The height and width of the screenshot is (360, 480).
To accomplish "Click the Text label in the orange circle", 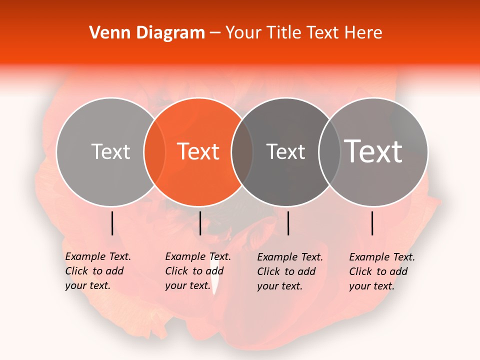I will (x=198, y=151).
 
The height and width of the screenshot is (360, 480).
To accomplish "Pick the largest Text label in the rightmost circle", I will (x=373, y=151).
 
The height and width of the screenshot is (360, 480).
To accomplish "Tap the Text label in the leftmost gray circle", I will (x=110, y=151).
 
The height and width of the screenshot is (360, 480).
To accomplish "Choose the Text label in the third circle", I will (x=285, y=151).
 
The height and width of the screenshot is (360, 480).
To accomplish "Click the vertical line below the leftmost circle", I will (x=112, y=223).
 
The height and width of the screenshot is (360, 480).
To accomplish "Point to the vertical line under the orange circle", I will (x=200, y=223).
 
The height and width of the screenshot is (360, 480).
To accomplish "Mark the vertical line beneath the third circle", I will (x=288, y=223).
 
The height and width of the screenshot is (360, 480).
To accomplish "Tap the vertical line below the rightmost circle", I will (x=372, y=223).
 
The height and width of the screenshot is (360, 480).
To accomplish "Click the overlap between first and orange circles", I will (x=154, y=152).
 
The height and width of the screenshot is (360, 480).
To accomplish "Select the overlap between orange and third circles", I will (x=242, y=152).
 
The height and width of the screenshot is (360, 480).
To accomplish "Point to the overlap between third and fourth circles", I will (x=329, y=152).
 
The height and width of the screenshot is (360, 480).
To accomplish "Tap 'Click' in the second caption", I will (x=176, y=271).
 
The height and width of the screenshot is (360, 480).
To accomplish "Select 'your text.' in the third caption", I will (x=280, y=286).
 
